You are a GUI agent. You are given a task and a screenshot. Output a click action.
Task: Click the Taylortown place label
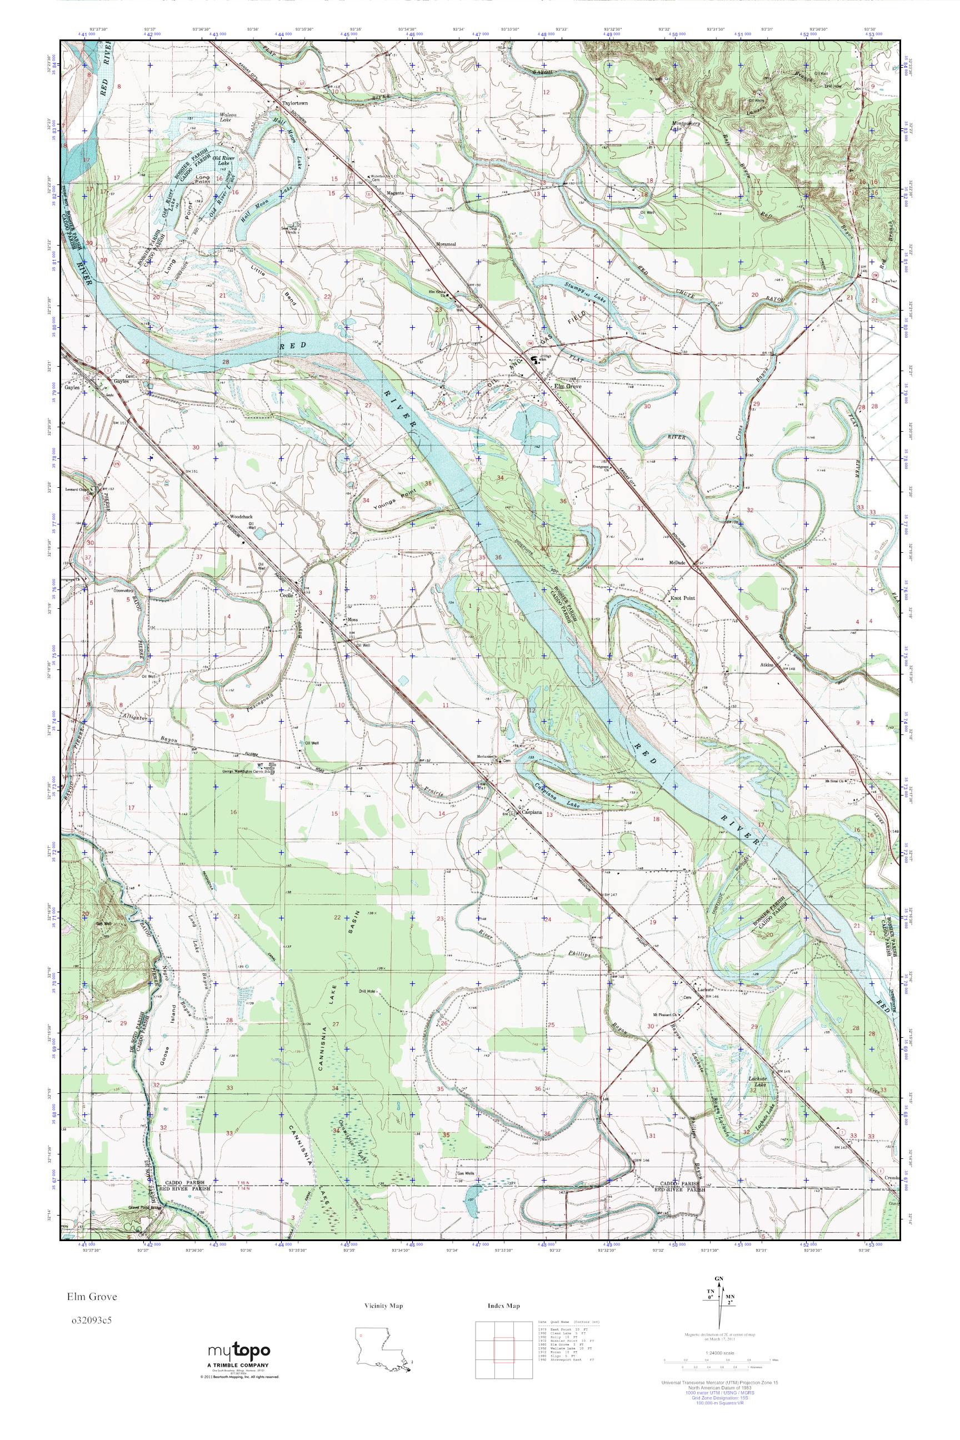pos(295,103)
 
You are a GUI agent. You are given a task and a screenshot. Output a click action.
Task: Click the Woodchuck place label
pos(241,516)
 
